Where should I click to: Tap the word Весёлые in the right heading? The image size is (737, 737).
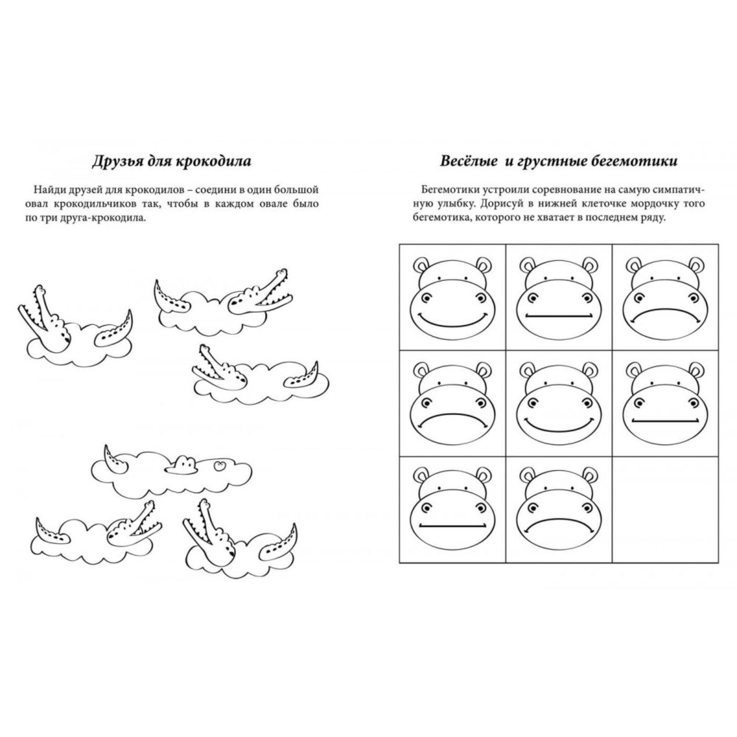(468, 161)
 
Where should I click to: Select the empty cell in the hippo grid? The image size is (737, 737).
(665, 509)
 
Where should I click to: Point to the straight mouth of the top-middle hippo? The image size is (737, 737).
(559, 316)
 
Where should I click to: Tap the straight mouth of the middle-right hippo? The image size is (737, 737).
(665, 421)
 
